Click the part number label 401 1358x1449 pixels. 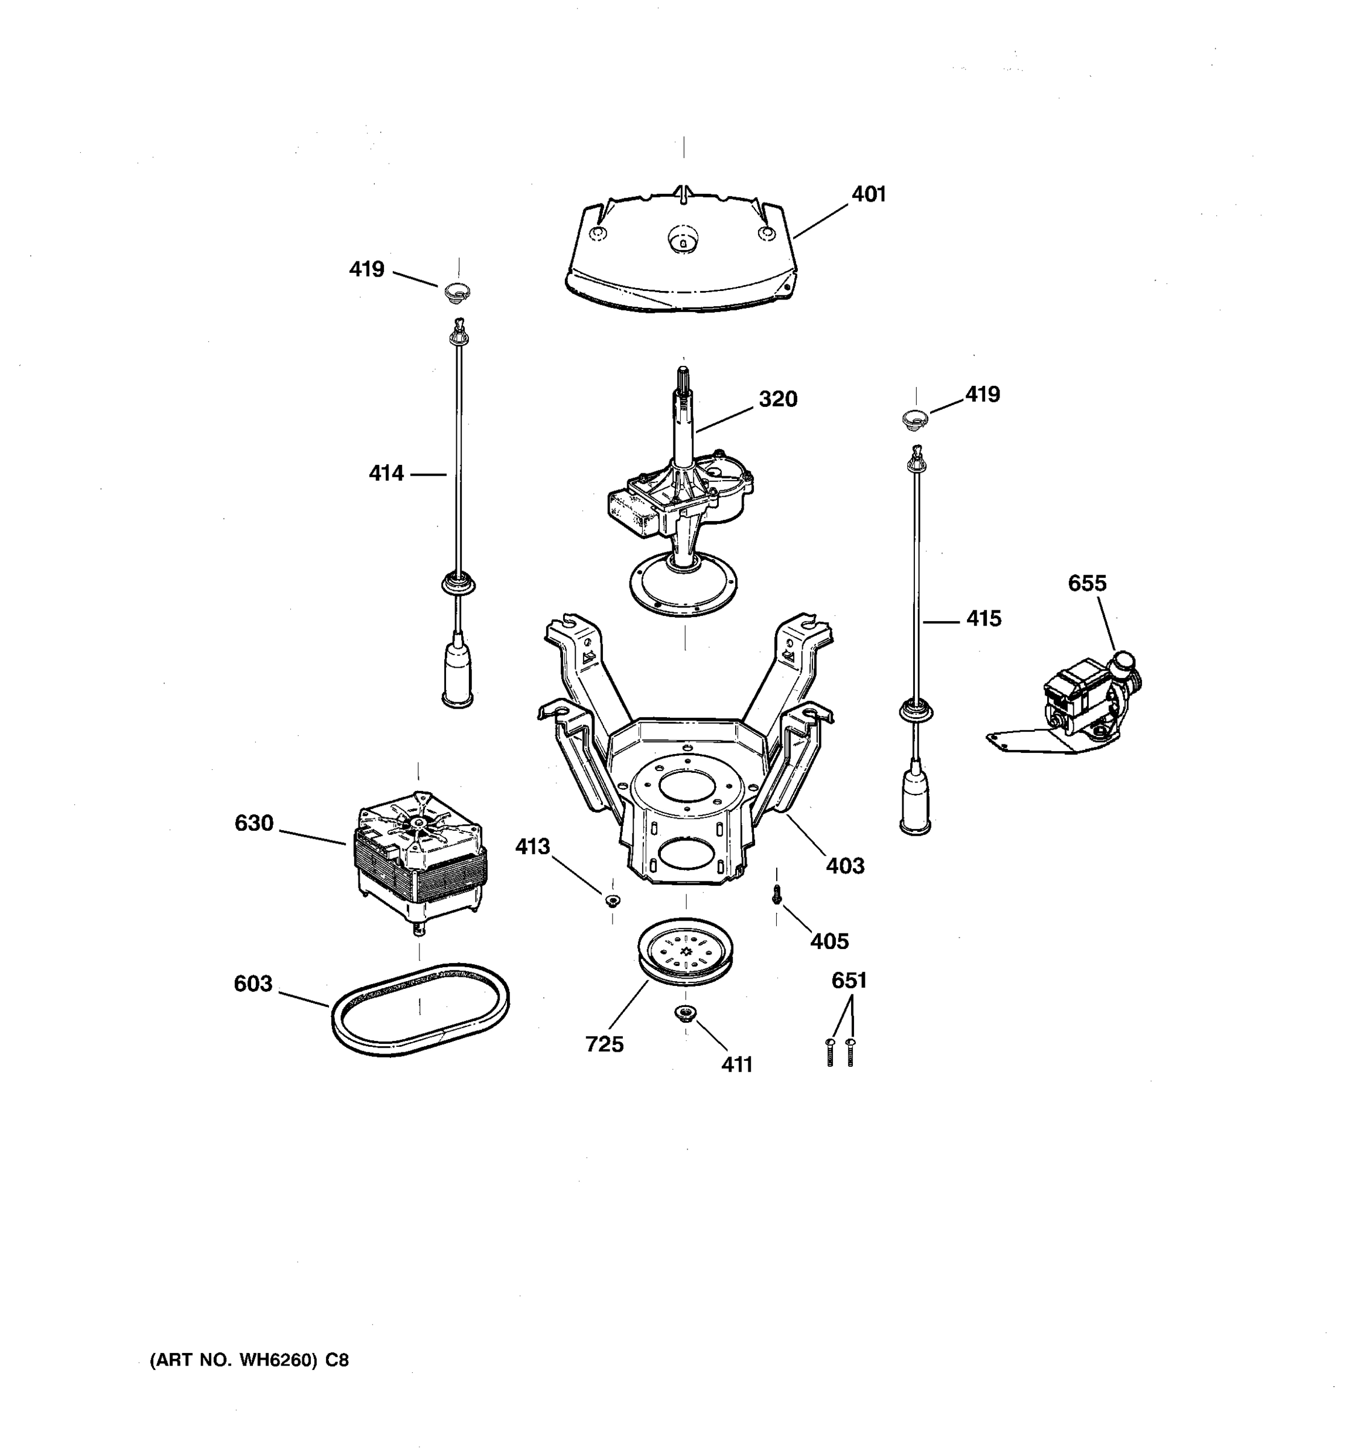869,194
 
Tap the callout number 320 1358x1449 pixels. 777,400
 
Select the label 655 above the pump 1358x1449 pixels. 1087,583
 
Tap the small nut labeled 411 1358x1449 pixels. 685,1012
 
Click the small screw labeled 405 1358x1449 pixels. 777,894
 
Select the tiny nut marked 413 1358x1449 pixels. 612,901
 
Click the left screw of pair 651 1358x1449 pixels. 830,1052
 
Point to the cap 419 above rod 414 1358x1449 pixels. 457,293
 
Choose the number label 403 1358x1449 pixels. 844,866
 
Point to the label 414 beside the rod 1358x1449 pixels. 386,474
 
